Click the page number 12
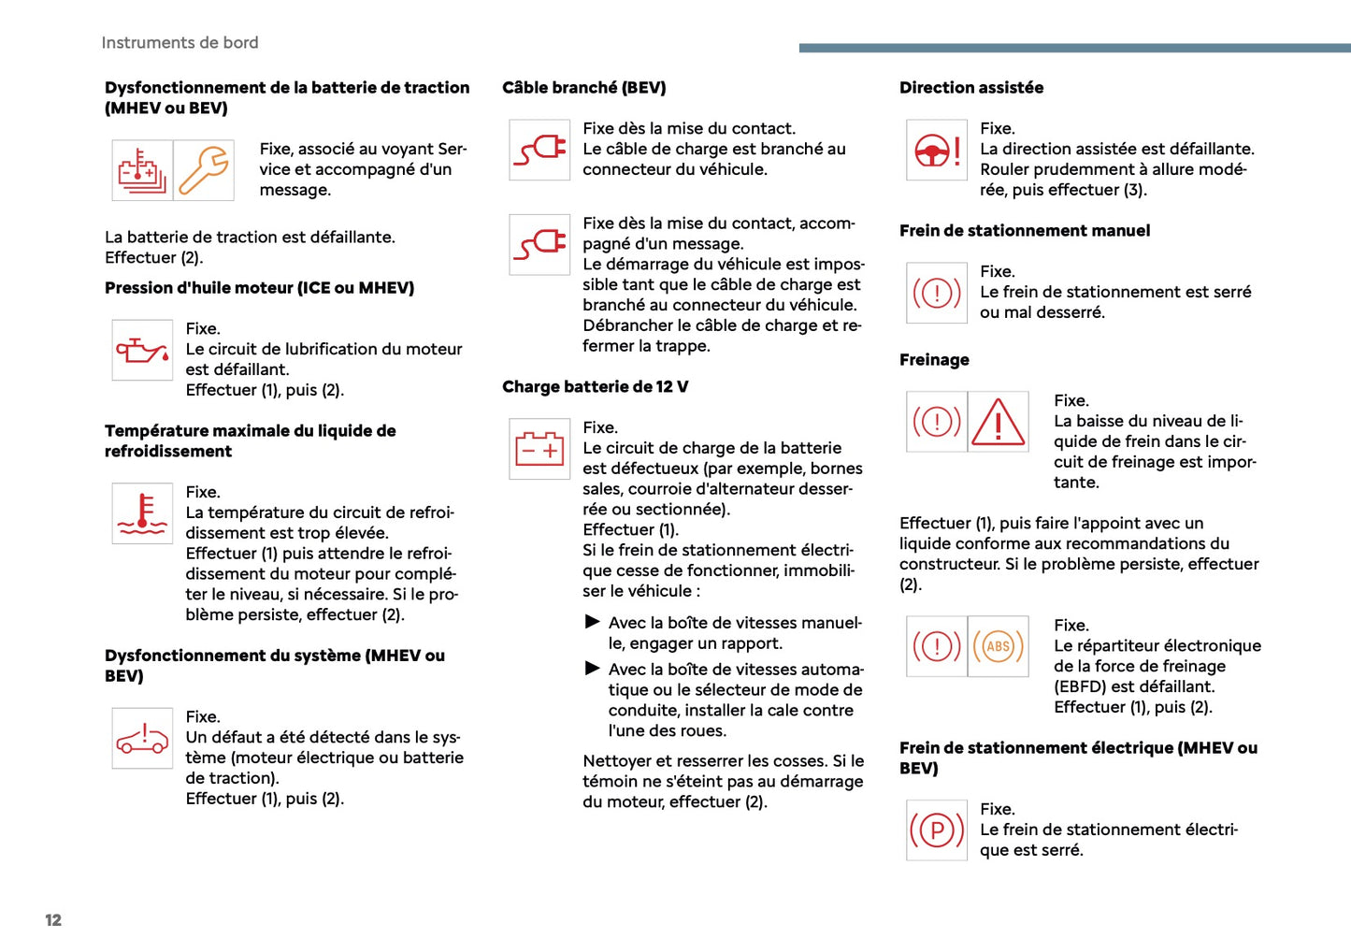[x=53, y=920]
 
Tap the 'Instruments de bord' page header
[x=180, y=43]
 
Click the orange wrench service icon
[x=204, y=170]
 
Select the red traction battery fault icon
[x=142, y=170]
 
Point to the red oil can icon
[x=142, y=351]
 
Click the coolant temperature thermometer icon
[x=142, y=513]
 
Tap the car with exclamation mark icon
[x=142, y=739]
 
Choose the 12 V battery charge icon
[x=539, y=449]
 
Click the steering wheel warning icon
[x=937, y=150]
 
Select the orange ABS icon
[x=999, y=646]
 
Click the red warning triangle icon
[x=999, y=422]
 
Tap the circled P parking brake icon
[x=937, y=830]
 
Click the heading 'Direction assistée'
[x=971, y=88]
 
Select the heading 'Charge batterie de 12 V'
[x=595, y=387]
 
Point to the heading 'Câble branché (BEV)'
[x=583, y=88]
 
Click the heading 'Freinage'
[x=934, y=360]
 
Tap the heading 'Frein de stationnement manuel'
[x=1025, y=231]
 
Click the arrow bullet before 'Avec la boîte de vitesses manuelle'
[x=592, y=622]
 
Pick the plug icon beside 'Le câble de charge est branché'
[x=539, y=150]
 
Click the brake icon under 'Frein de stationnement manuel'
[x=937, y=293]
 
